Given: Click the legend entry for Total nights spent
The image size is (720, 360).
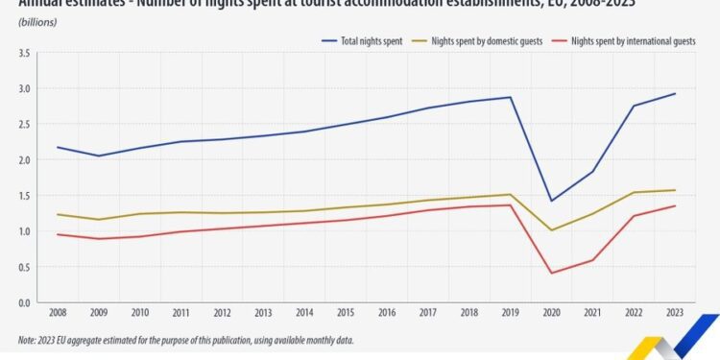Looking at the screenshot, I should click(x=364, y=42).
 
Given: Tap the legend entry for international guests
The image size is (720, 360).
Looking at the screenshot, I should click(x=633, y=42).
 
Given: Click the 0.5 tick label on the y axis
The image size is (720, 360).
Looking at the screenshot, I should click(x=23, y=267).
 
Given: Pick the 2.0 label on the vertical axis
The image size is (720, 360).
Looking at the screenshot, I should click(x=23, y=159).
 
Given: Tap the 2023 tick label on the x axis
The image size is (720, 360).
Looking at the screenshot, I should click(x=674, y=314).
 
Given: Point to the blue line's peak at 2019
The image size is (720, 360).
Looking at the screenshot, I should click(x=511, y=97).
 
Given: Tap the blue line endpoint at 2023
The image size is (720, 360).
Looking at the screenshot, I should click(x=675, y=93).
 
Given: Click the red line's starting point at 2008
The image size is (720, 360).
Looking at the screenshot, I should click(x=57, y=234).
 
